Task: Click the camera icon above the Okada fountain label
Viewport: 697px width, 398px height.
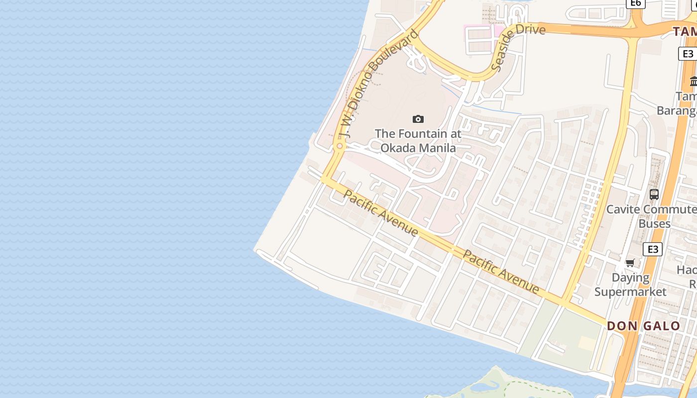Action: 418,119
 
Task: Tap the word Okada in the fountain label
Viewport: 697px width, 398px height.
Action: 399,148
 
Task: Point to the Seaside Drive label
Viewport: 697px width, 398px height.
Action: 518,46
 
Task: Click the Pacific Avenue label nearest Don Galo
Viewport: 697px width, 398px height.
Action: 501,272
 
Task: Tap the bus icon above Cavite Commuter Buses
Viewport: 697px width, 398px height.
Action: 654,195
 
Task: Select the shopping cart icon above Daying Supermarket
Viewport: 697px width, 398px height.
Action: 630,263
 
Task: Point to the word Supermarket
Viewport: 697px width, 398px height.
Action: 630,292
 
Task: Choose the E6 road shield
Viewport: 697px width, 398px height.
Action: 635,3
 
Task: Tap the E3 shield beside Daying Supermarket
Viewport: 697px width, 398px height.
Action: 653,249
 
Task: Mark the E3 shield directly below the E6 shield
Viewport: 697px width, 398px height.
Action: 688,54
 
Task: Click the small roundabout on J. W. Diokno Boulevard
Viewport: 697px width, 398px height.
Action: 340,146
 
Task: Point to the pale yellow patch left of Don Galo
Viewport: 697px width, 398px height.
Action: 588,343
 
